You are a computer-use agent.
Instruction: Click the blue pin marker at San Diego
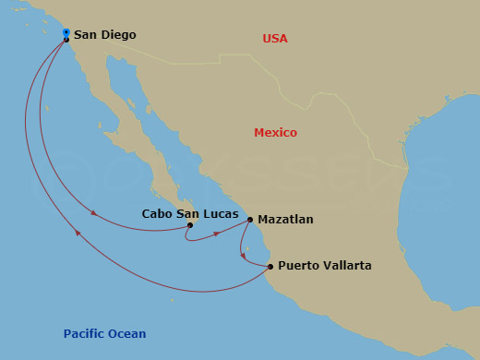coord(66,33)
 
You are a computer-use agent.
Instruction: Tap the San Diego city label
coord(104,35)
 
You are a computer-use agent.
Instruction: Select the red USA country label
coord(274,39)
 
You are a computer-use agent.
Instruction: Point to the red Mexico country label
coord(275,133)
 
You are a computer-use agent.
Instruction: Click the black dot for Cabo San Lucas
coord(189,225)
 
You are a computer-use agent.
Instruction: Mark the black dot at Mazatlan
coord(250,220)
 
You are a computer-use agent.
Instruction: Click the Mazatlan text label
coord(286,220)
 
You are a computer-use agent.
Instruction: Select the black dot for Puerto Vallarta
coord(270,267)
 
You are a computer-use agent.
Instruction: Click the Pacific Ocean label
coord(104,334)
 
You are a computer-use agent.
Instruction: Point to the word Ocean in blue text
coord(127,334)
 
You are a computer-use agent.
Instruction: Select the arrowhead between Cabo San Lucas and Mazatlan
coord(218,233)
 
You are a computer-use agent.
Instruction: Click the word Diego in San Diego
coord(118,35)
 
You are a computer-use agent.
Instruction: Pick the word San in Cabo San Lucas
coord(189,213)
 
